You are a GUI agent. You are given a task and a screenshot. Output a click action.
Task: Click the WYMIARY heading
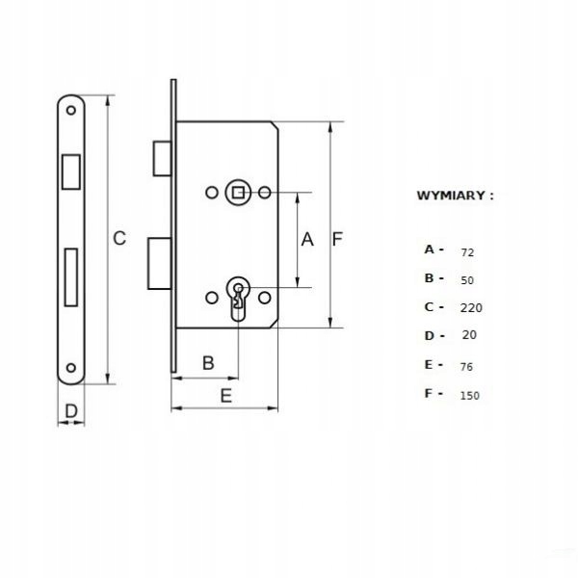click(x=455, y=196)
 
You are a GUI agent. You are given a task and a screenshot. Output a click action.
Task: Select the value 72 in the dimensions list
click(x=467, y=252)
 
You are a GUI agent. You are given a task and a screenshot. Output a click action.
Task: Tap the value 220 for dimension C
click(x=471, y=307)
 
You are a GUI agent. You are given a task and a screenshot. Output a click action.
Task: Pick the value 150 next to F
click(x=470, y=396)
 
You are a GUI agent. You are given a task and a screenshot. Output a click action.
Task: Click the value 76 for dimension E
click(x=466, y=367)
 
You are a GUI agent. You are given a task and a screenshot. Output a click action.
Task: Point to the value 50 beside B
click(x=467, y=280)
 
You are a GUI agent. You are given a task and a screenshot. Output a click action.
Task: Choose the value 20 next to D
click(x=469, y=334)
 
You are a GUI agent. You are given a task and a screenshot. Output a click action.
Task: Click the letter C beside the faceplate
click(x=119, y=238)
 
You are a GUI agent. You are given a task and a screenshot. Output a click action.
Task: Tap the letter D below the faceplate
click(x=71, y=411)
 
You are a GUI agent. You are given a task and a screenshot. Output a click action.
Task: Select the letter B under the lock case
click(x=208, y=363)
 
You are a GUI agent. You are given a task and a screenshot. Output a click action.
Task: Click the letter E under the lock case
click(x=226, y=396)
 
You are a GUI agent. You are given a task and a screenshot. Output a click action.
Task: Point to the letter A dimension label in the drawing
click(x=307, y=239)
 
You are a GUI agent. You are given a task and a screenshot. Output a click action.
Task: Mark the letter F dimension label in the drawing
click(x=337, y=239)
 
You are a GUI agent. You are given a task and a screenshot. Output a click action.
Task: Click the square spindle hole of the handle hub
click(x=238, y=193)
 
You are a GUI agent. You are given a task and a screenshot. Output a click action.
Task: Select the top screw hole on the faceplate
click(x=70, y=110)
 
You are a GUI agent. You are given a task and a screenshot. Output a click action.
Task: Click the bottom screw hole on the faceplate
click(x=70, y=368)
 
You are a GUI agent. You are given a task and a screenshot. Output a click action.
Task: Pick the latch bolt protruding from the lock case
click(x=163, y=159)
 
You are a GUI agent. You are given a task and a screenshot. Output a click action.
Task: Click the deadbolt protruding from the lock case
click(x=160, y=264)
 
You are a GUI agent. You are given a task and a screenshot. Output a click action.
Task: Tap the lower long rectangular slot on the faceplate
click(x=71, y=277)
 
